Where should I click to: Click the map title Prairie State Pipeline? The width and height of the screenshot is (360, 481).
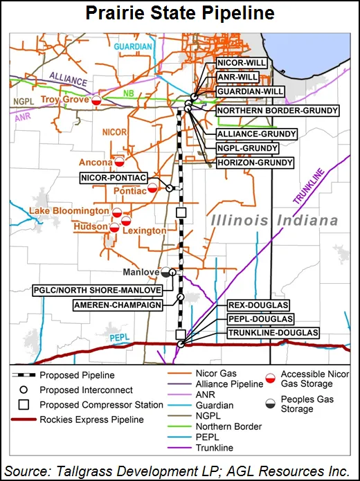click(180, 13)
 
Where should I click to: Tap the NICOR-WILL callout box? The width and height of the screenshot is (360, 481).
click(241, 64)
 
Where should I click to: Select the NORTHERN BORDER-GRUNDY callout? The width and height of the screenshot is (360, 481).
click(277, 110)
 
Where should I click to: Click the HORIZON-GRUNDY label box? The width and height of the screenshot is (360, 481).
click(254, 163)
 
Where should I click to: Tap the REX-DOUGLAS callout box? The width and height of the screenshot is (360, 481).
click(258, 305)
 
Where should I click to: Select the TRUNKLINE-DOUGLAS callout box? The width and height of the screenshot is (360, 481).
click(273, 333)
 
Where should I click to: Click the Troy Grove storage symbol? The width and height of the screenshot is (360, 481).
click(98, 100)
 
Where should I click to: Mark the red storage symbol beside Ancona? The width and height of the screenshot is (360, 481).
click(119, 163)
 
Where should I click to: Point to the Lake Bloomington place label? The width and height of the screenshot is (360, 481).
click(69, 210)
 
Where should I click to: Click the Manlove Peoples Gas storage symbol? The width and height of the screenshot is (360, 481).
click(165, 273)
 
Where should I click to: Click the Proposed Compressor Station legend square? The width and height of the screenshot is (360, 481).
click(22, 405)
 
